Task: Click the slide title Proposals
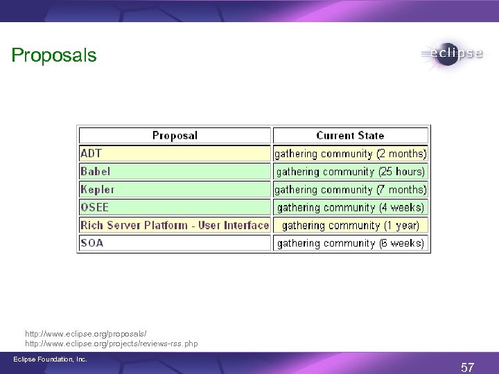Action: pos(54,55)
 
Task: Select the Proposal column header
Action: pos(175,136)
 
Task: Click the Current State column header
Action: pos(350,136)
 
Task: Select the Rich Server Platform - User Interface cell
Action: pos(174,225)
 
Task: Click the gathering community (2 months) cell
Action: pos(351,153)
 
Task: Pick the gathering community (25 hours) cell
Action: pos(351,171)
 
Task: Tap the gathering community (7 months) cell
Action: pos(351,189)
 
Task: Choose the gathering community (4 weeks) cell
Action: pos(351,207)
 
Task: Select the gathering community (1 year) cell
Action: pos(351,225)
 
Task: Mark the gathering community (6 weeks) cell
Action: pos(351,243)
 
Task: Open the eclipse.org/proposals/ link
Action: pos(86,334)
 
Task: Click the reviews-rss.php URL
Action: pos(112,344)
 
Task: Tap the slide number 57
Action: pos(468,368)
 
